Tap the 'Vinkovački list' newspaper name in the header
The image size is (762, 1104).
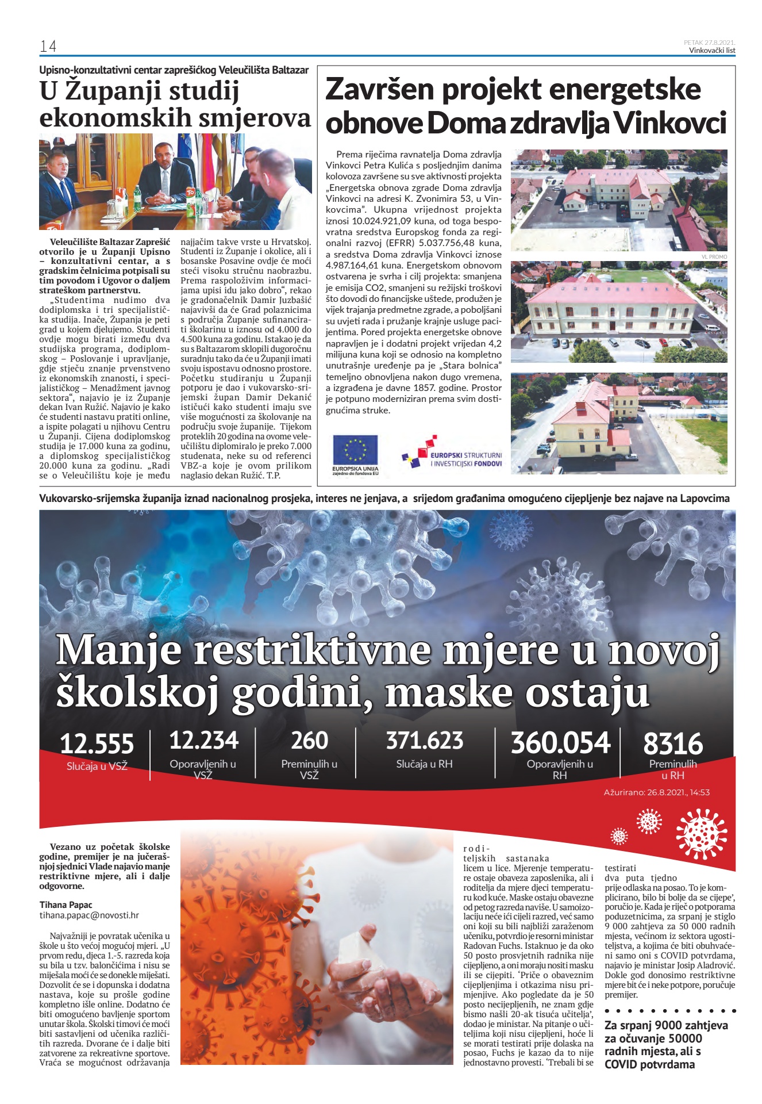point(712,50)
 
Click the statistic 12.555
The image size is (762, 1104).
point(97,743)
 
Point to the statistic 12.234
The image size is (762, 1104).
point(203,741)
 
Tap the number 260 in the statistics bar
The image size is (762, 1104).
point(309,741)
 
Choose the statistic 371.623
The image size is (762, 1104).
point(424,741)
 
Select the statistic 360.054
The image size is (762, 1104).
point(560,742)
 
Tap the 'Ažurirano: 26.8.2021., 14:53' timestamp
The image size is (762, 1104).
point(656,792)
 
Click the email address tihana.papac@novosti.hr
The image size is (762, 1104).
point(89,915)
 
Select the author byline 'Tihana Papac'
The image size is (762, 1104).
point(66,904)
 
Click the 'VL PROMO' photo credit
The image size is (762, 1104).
point(714,256)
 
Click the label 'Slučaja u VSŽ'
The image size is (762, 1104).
point(97,766)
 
